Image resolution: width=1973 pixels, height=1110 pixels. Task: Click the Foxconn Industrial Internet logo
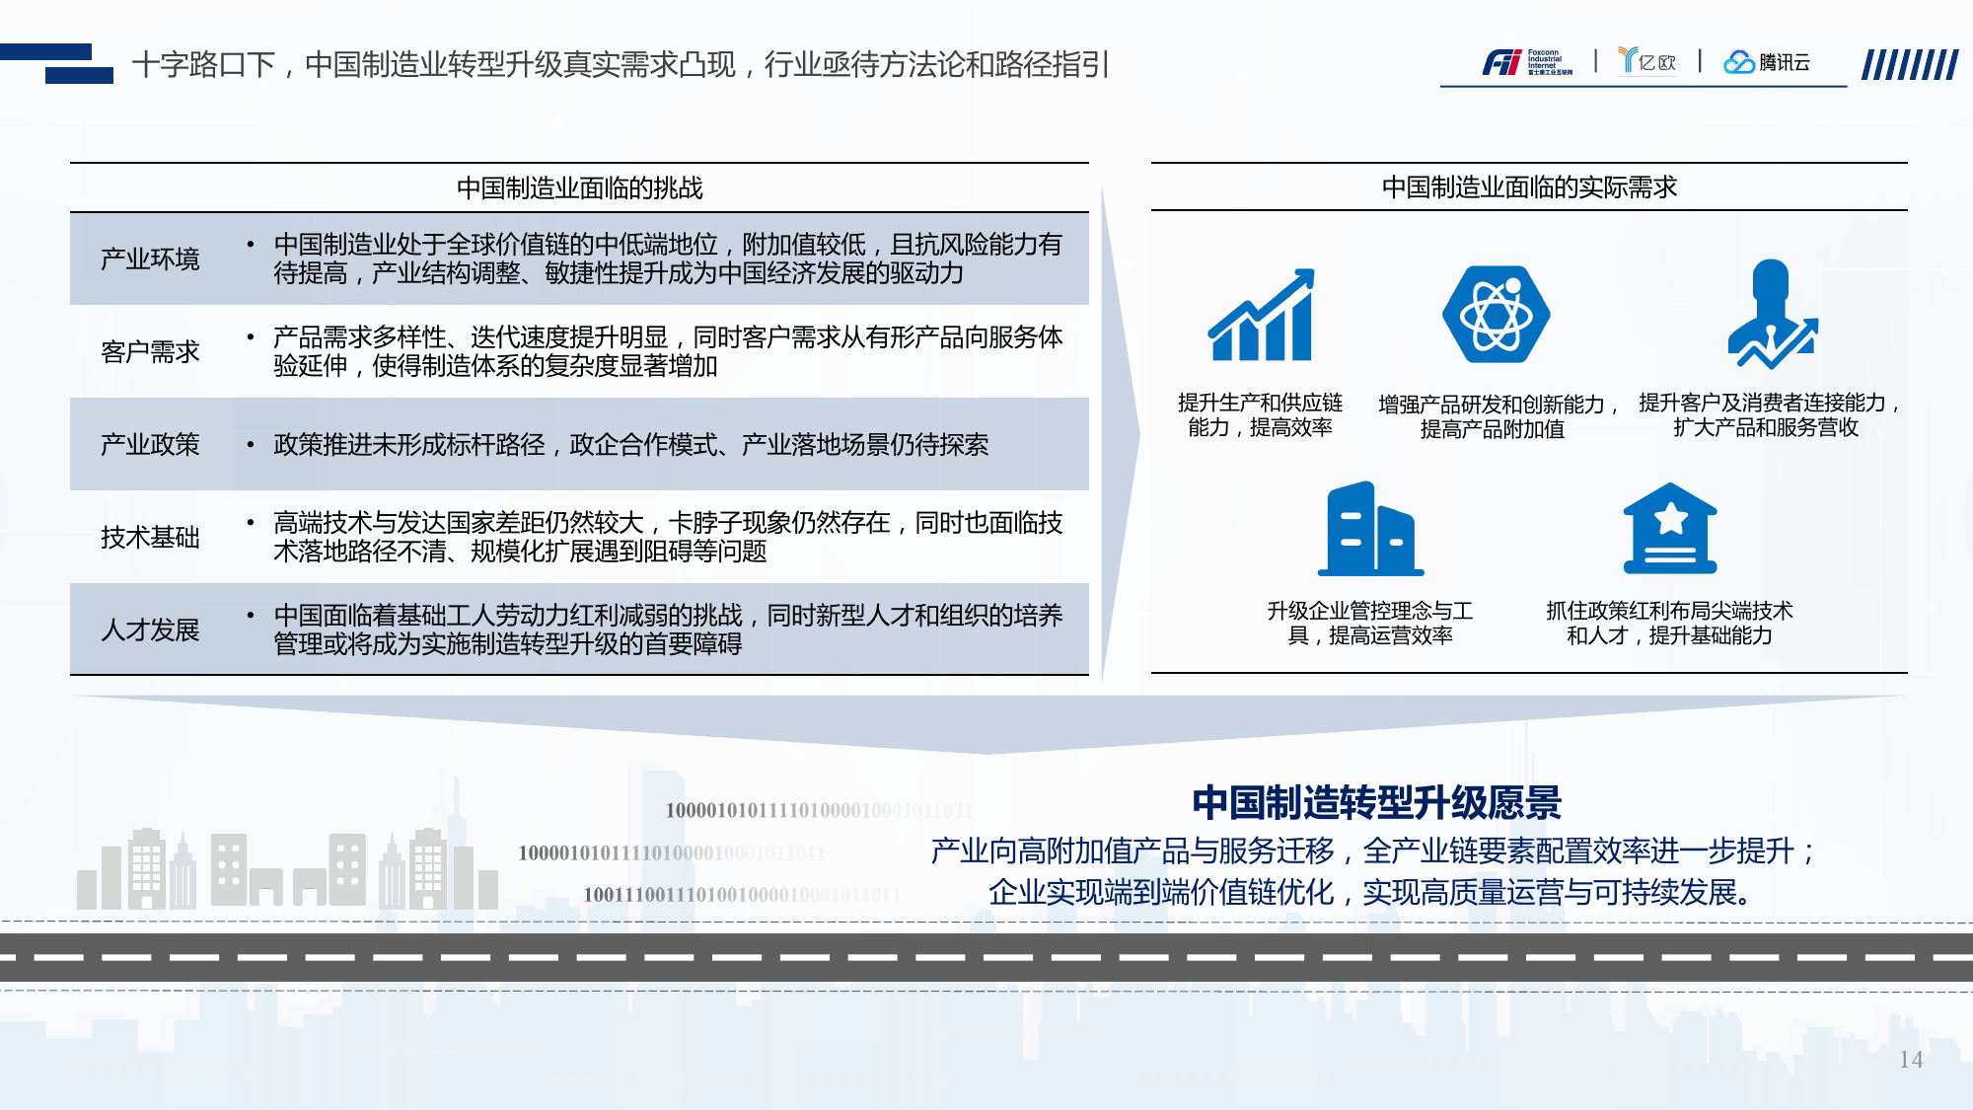point(1526,62)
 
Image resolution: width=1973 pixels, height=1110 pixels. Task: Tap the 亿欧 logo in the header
point(1647,61)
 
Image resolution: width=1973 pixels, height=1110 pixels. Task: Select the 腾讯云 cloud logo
point(1766,62)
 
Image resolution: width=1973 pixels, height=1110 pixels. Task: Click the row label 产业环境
point(150,259)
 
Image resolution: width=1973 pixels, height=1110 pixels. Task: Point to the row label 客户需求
point(150,351)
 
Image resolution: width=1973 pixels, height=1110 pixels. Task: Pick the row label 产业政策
point(150,444)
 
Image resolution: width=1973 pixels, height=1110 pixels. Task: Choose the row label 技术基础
point(150,537)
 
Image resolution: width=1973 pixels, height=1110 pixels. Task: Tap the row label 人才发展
point(150,629)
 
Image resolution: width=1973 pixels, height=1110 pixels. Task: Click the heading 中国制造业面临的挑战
point(579,187)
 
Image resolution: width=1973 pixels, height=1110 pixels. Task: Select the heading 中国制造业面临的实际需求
point(1529,186)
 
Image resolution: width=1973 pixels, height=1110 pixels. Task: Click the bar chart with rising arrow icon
point(1262,316)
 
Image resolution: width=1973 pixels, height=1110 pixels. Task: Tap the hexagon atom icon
point(1496,315)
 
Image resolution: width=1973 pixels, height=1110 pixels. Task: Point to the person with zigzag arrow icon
point(1772,315)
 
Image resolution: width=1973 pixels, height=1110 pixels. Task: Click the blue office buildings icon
point(1370,529)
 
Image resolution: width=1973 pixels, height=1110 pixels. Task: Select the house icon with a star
point(1670,529)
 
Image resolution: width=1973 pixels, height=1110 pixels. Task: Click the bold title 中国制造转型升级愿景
point(1376,802)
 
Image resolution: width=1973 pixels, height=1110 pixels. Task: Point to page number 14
point(1911,1060)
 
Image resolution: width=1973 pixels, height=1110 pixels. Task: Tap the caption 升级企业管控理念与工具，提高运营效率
point(1370,623)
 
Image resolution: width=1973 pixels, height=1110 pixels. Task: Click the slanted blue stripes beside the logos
point(1909,65)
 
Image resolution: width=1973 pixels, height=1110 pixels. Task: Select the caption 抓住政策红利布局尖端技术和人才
point(1669,623)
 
